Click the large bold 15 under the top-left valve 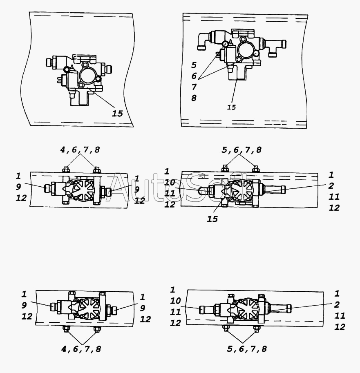coord(117,113)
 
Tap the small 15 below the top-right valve coord(232,107)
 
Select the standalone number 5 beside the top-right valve coord(194,65)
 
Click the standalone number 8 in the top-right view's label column coord(194,98)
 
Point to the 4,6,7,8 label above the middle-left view coord(80,150)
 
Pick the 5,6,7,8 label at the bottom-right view coord(247,349)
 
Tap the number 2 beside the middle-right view coord(331,186)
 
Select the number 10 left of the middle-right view coord(170,182)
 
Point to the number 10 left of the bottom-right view coord(175,301)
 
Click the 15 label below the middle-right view coord(212,219)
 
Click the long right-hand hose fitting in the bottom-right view coord(278,308)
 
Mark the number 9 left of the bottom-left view coord(24,305)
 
